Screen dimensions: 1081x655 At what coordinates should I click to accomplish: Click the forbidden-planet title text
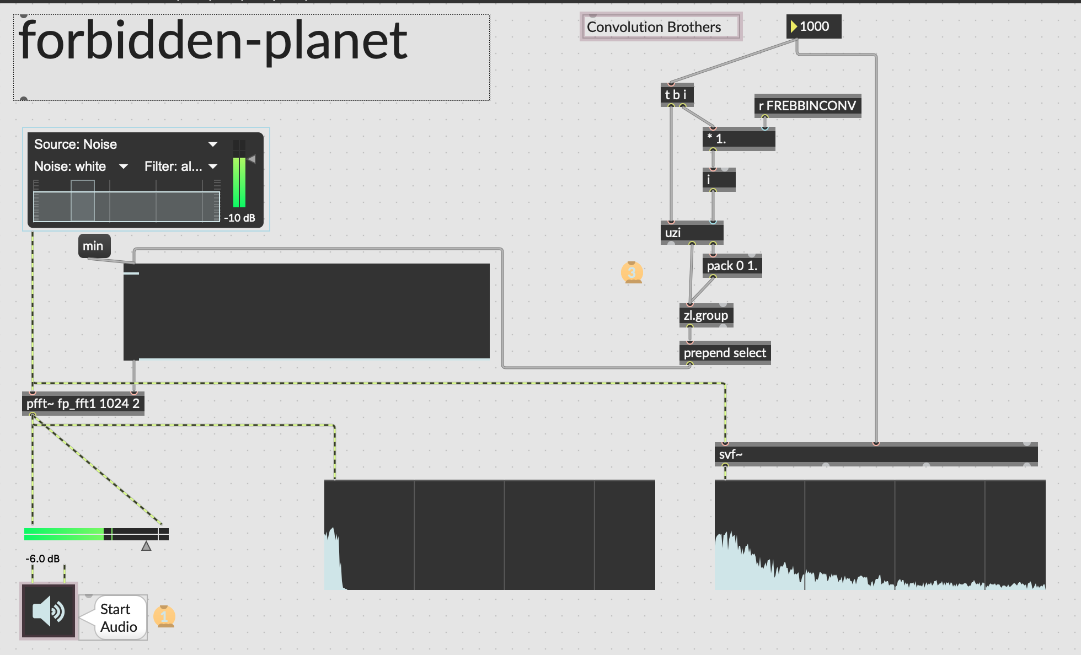tap(213, 41)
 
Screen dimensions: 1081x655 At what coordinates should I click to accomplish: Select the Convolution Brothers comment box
tap(661, 26)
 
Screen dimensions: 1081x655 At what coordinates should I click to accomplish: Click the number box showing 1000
tap(814, 26)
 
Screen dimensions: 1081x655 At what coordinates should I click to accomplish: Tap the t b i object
tap(677, 95)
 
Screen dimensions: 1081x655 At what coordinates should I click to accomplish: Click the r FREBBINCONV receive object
tap(807, 105)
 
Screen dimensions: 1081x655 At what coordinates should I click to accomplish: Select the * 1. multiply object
tap(738, 139)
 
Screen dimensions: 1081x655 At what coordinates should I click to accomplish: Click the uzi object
tap(692, 233)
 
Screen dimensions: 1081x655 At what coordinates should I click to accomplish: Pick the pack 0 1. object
tap(732, 266)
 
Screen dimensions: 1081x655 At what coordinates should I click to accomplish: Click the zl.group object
tap(706, 315)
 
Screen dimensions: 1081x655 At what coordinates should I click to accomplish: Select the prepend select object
tap(725, 353)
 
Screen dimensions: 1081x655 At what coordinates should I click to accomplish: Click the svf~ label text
tap(731, 454)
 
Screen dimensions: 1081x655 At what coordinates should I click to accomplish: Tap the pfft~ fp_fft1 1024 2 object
tap(83, 404)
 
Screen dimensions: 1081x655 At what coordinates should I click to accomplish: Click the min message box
tap(94, 246)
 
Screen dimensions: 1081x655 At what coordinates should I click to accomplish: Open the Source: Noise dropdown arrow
tap(212, 144)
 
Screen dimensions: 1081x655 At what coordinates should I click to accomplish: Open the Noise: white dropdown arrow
tap(124, 167)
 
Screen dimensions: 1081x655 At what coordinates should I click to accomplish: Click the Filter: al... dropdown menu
tap(181, 167)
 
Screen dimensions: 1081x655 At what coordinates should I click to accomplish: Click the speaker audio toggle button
tap(49, 611)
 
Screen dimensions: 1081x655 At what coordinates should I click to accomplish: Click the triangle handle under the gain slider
tap(146, 546)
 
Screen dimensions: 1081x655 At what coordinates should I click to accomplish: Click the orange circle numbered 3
tap(632, 272)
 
